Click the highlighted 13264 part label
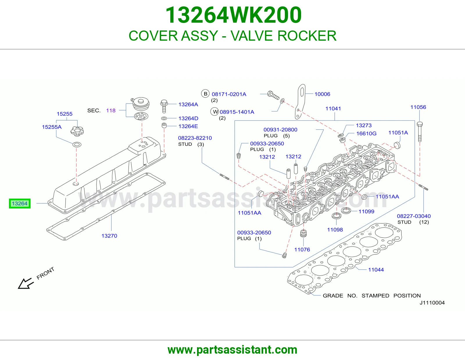pos(20,203)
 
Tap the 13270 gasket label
pos(109,236)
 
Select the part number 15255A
pos(52,127)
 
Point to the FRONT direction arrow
pos(26,283)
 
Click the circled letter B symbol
pos(205,94)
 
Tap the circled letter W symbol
pos(215,111)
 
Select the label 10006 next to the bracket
pos(322,94)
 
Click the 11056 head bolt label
pos(418,107)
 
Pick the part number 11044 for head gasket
pos(376,270)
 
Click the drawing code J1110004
pos(432,303)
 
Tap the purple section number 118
pos(111,111)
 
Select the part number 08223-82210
pos(195,138)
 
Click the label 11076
pos(302,249)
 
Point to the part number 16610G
pos(366,133)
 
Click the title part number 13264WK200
pos(233,15)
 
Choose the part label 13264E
pos(188,126)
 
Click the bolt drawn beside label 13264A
pos(164,106)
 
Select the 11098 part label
pos(335,230)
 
